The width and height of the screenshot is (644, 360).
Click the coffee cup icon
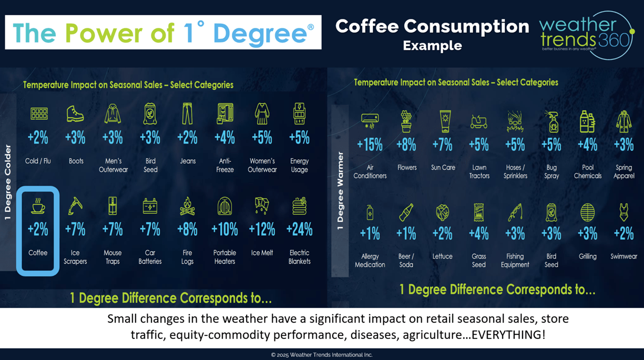38,205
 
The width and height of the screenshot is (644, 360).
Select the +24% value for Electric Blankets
299,229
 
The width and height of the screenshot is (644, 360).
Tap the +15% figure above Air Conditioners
370,145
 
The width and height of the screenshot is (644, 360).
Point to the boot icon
75,114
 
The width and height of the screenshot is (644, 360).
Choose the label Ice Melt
262,253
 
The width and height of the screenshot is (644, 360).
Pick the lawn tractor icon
479,121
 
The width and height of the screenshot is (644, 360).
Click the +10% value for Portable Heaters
224,229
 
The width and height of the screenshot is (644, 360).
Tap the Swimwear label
623,256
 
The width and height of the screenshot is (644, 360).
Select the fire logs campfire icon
187,206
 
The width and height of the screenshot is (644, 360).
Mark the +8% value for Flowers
406,145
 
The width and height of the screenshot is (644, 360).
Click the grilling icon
587,212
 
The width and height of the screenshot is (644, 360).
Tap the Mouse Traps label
113,257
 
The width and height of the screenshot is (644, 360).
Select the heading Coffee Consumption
432,26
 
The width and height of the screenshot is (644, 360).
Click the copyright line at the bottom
322,355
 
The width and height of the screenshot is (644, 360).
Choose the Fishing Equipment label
515,261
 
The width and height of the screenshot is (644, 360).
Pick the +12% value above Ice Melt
262,229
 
